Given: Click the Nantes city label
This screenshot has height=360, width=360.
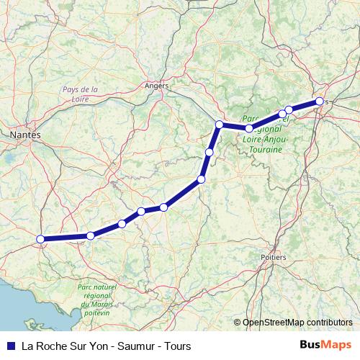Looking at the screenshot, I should [25, 135].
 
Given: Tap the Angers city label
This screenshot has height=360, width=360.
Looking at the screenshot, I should [156, 85].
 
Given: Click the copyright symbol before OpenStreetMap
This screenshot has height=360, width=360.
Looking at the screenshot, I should [237, 323].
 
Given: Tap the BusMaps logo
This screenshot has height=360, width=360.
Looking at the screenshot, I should [324, 345].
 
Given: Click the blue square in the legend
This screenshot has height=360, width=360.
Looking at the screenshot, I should [10, 346].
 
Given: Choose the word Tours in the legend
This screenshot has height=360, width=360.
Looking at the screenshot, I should [177, 346].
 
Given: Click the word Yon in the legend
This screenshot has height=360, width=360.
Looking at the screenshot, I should [101, 346].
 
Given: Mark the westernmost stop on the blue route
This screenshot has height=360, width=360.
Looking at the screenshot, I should [41, 239].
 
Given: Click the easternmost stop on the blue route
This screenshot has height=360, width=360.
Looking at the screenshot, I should [319, 102].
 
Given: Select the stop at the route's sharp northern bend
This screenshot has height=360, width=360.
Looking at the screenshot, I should [219, 125].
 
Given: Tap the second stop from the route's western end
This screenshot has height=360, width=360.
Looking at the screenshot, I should [91, 235].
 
